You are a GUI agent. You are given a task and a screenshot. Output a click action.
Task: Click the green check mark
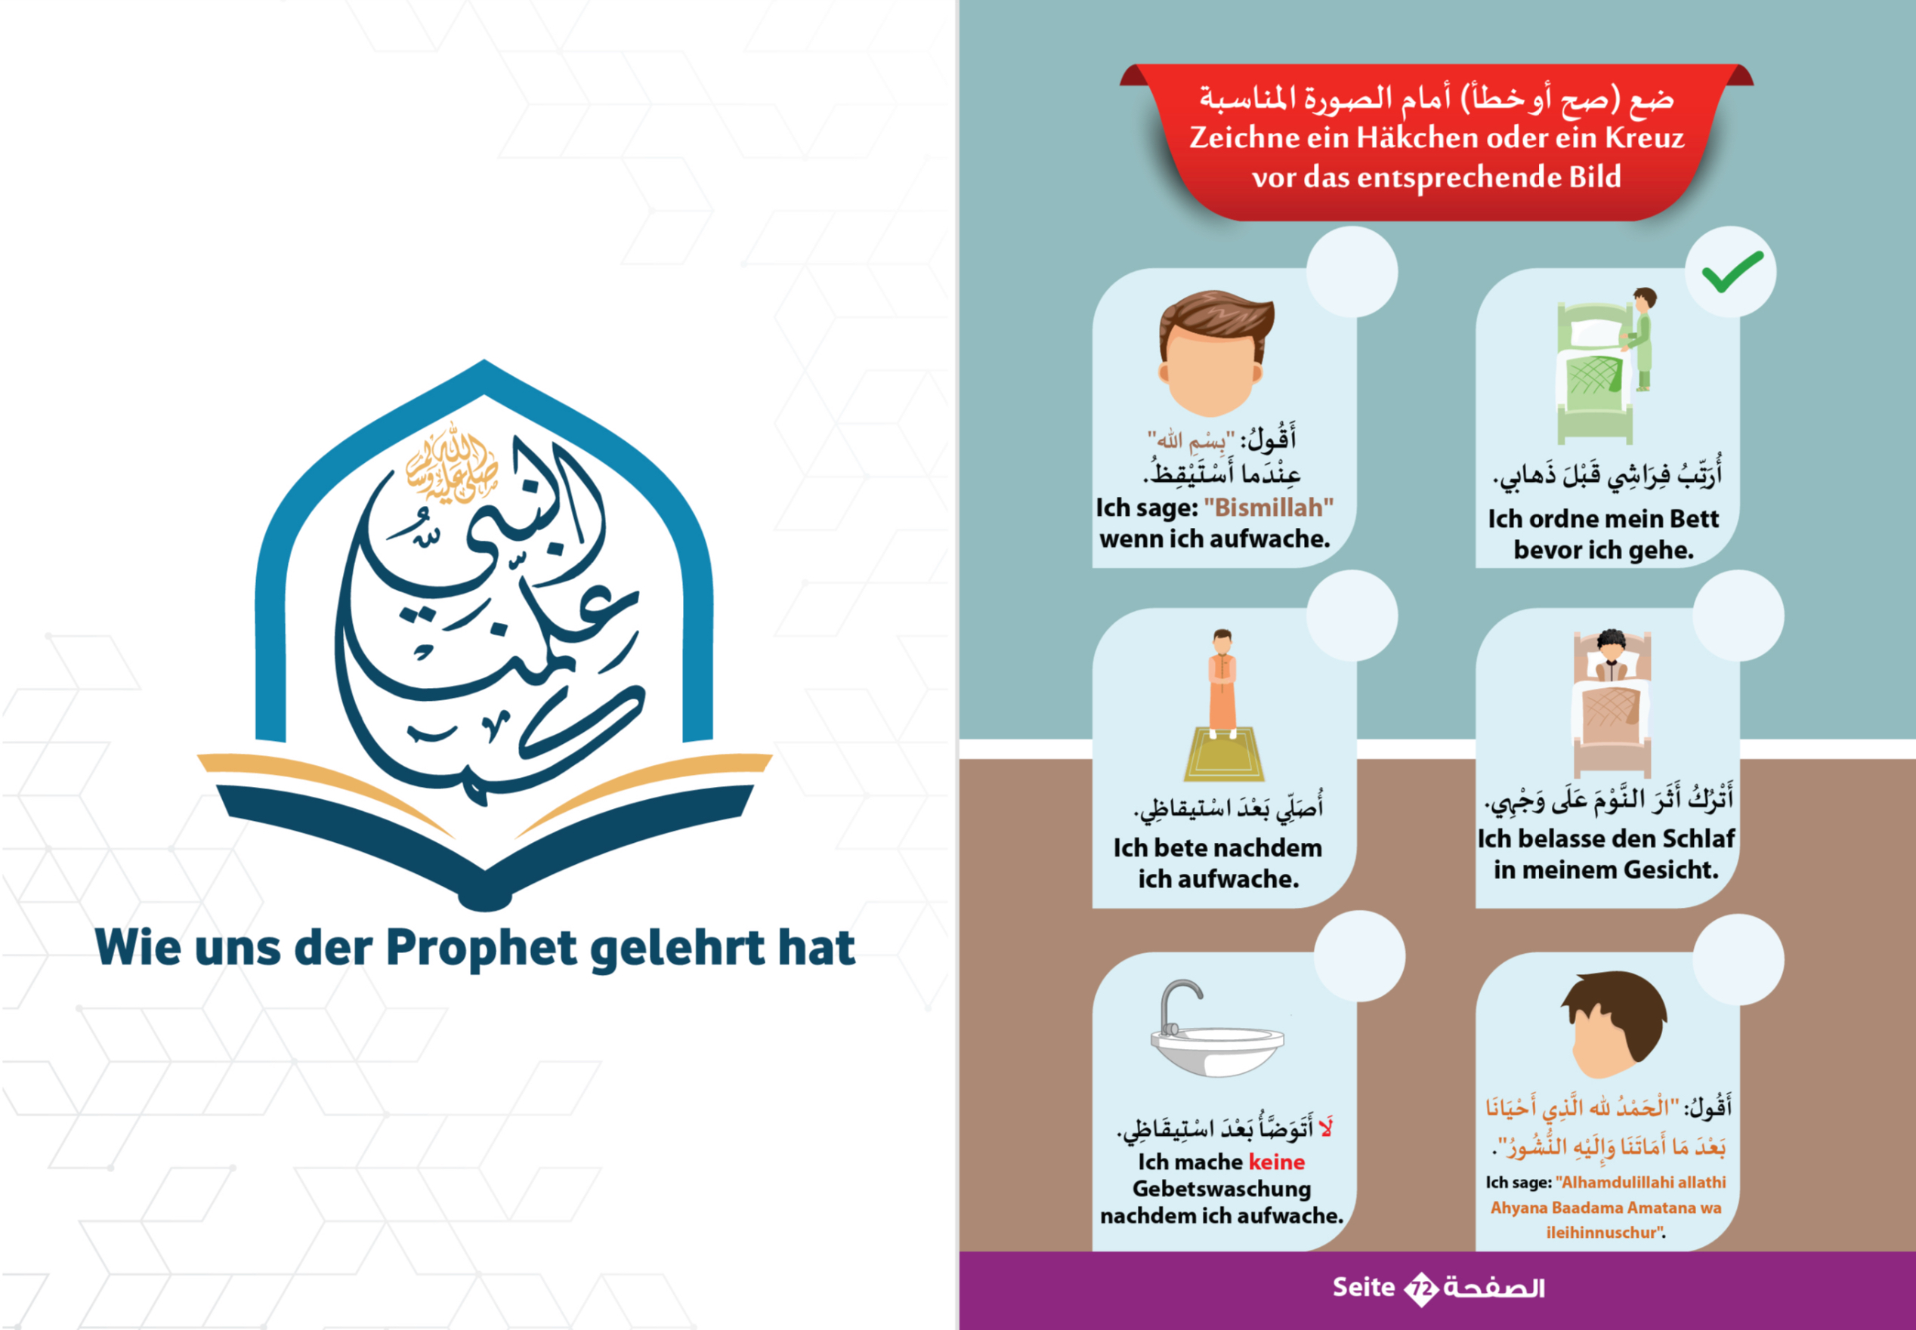pyautogui.click(x=1732, y=272)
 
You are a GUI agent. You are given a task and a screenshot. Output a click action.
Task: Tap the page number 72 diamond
pyautogui.click(x=1422, y=1289)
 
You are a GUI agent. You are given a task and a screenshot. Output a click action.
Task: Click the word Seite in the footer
pyautogui.click(x=1364, y=1288)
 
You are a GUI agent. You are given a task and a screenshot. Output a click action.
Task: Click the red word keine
pyautogui.click(x=1277, y=1162)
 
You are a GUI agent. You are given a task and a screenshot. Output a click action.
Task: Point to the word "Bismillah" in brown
pyautogui.click(x=1269, y=507)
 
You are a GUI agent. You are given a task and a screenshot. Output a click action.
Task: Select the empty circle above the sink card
pyautogui.click(x=1360, y=956)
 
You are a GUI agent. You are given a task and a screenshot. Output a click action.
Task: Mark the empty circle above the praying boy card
pyautogui.click(x=1352, y=616)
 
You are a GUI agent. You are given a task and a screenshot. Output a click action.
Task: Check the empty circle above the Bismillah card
pyautogui.click(x=1352, y=272)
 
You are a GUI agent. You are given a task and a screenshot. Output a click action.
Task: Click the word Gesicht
pyautogui.click(x=1670, y=870)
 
